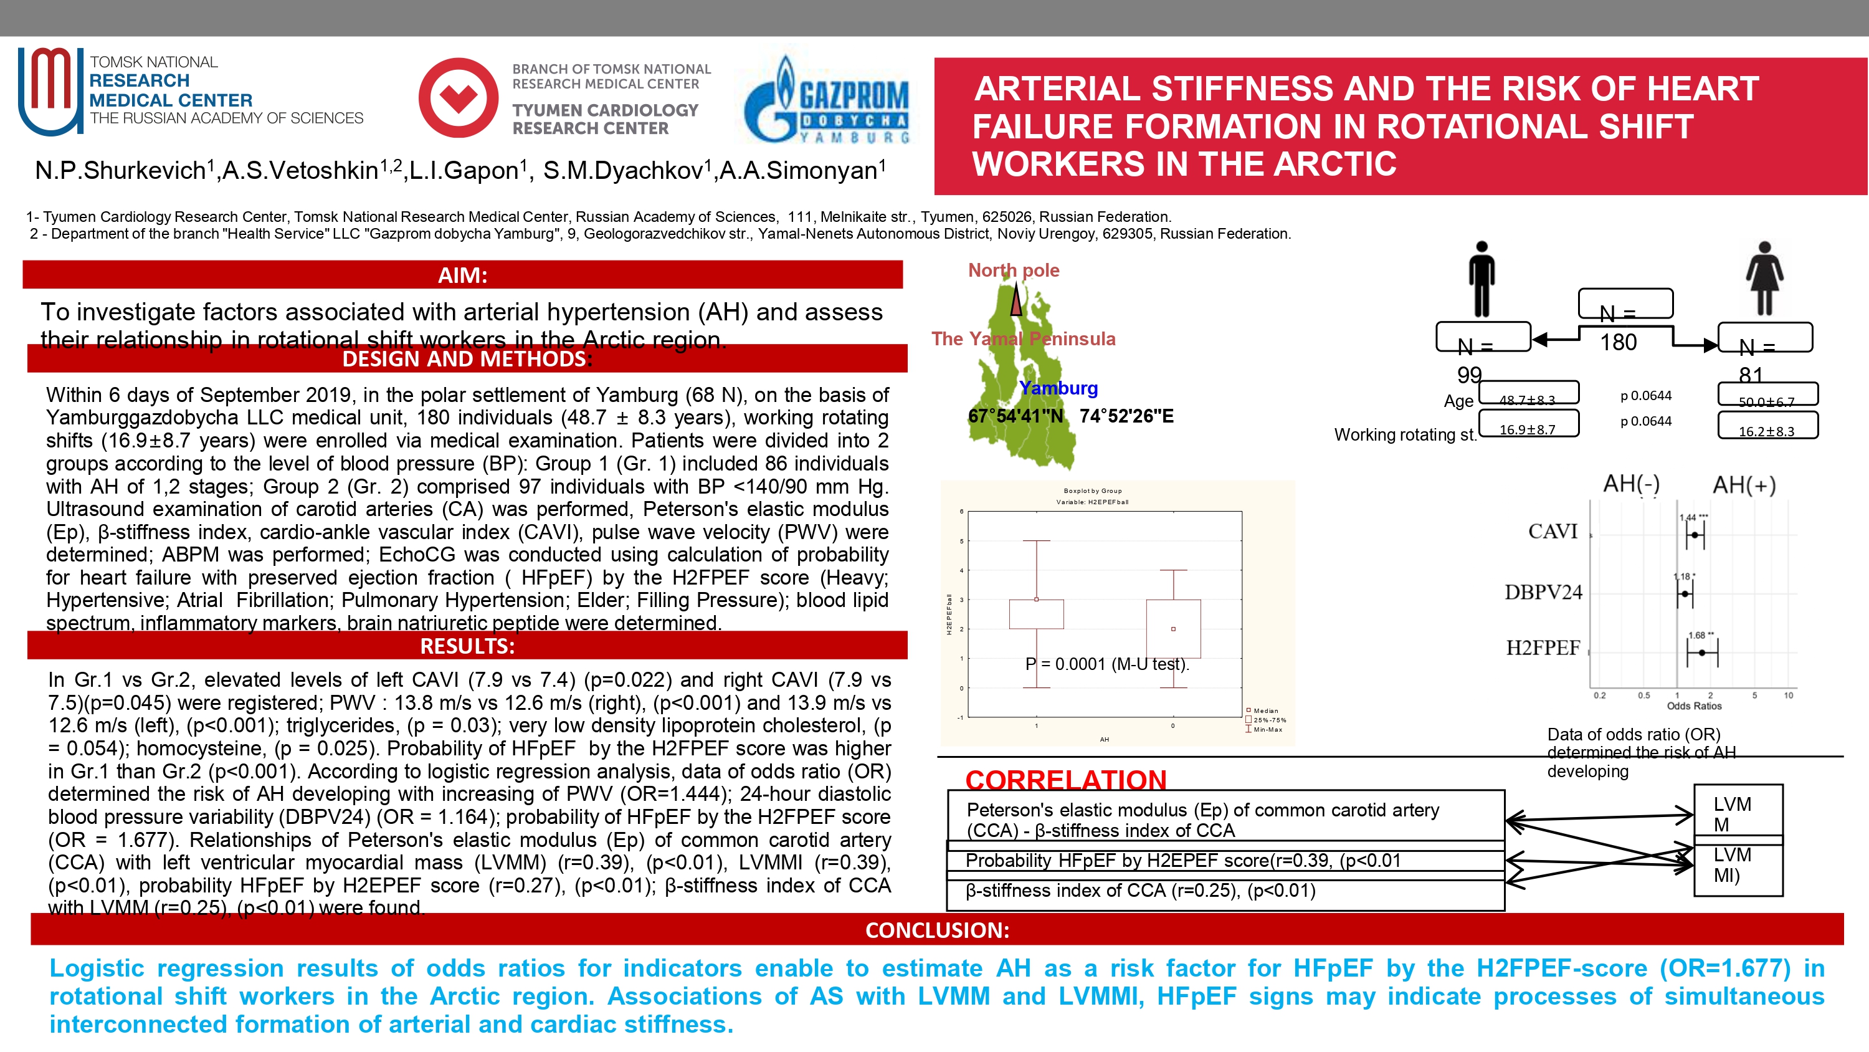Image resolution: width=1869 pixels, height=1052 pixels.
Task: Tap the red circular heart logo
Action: [459, 98]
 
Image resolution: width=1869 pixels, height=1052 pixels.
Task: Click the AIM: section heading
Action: [462, 275]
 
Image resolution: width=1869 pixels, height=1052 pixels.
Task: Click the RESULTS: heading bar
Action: [467, 646]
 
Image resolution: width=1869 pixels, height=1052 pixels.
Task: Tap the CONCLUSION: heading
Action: [936, 929]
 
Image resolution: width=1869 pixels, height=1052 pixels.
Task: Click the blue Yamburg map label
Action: [1058, 388]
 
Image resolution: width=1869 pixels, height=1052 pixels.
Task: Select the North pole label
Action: [1013, 270]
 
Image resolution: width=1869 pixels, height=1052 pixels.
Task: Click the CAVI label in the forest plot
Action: [1552, 532]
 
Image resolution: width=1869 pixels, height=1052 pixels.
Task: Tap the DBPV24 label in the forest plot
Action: [1543, 593]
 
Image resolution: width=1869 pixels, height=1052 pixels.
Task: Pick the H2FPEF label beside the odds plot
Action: [1543, 648]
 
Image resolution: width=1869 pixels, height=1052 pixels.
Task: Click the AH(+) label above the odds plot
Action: [1744, 484]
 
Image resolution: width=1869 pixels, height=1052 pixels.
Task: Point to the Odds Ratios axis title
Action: [1693, 705]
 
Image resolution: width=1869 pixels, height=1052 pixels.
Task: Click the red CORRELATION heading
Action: [1065, 780]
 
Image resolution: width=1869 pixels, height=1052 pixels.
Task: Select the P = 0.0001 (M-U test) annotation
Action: [1106, 664]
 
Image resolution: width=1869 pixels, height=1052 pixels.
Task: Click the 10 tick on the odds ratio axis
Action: [1789, 696]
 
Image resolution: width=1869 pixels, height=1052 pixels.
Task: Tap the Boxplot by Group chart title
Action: [1092, 491]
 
